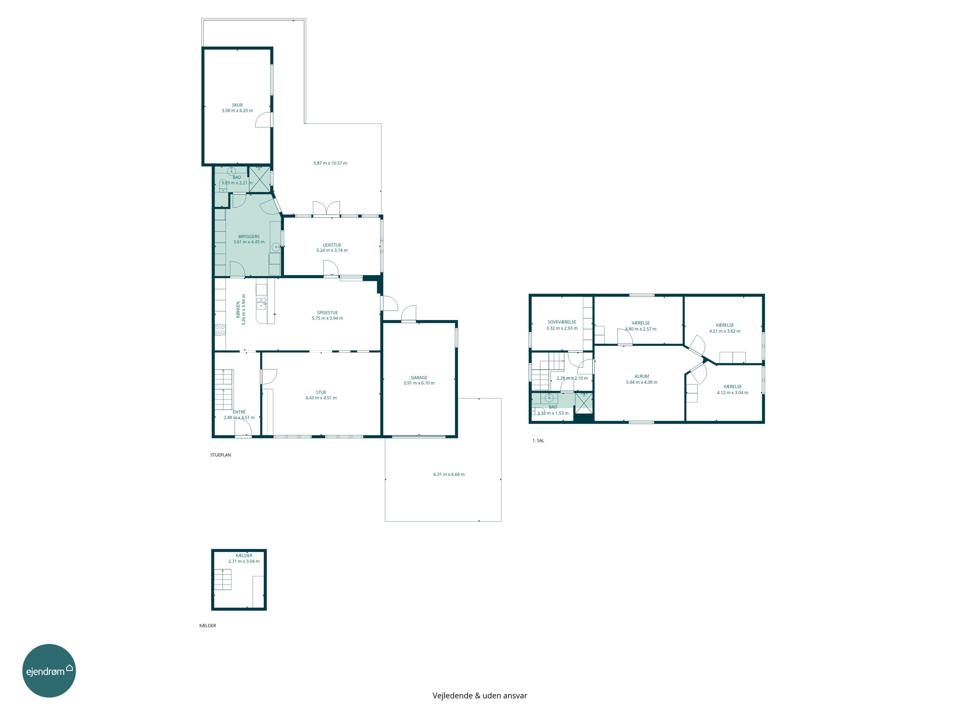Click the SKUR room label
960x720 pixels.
point(237,105)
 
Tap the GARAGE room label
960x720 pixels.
point(419,378)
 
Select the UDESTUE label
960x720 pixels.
point(332,245)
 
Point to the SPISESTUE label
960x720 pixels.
point(327,312)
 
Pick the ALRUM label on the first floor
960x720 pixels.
point(642,376)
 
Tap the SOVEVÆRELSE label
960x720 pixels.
point(562,322)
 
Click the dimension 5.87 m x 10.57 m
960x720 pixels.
point(330,163)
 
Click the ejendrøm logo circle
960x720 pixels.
point(49,670)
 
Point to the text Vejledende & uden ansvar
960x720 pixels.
point(480,696)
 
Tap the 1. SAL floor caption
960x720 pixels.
point(538,441)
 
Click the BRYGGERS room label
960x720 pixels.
point(249,236)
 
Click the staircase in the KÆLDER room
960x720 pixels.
point(223,580)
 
